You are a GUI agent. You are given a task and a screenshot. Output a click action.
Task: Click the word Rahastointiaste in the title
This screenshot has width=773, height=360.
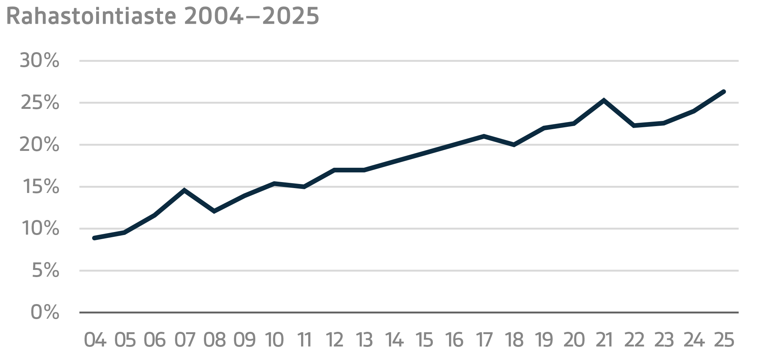coord(91,17)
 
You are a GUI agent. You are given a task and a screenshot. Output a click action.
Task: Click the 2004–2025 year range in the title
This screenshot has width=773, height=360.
coord(252,17)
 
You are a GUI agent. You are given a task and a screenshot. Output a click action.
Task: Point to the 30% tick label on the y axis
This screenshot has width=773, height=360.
coord(39,61)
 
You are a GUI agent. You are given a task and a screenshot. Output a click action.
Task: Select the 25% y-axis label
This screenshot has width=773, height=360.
coord(39,103)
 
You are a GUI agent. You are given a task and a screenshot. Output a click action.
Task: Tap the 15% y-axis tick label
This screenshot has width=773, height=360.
coord(40,187)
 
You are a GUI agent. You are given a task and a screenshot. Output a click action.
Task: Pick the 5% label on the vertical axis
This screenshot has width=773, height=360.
coord(45,271)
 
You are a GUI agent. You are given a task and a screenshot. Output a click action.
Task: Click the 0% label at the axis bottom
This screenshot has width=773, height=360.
coord(45,313)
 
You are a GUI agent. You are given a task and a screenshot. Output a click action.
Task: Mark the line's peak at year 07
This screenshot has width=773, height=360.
coord(184,190)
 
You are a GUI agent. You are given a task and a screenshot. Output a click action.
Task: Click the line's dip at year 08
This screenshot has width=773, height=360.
coord(214,211)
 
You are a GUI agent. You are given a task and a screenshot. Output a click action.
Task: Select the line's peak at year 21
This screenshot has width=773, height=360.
coord(604,100)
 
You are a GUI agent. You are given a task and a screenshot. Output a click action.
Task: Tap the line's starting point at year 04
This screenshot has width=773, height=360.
coord(94,238)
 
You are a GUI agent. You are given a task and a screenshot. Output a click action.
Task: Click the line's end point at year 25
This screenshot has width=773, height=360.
coord(723,92)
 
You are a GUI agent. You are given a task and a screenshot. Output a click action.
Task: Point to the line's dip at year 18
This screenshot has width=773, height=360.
coord(514,145)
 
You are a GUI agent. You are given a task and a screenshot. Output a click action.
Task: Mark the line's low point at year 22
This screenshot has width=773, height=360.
coord(634,125)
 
